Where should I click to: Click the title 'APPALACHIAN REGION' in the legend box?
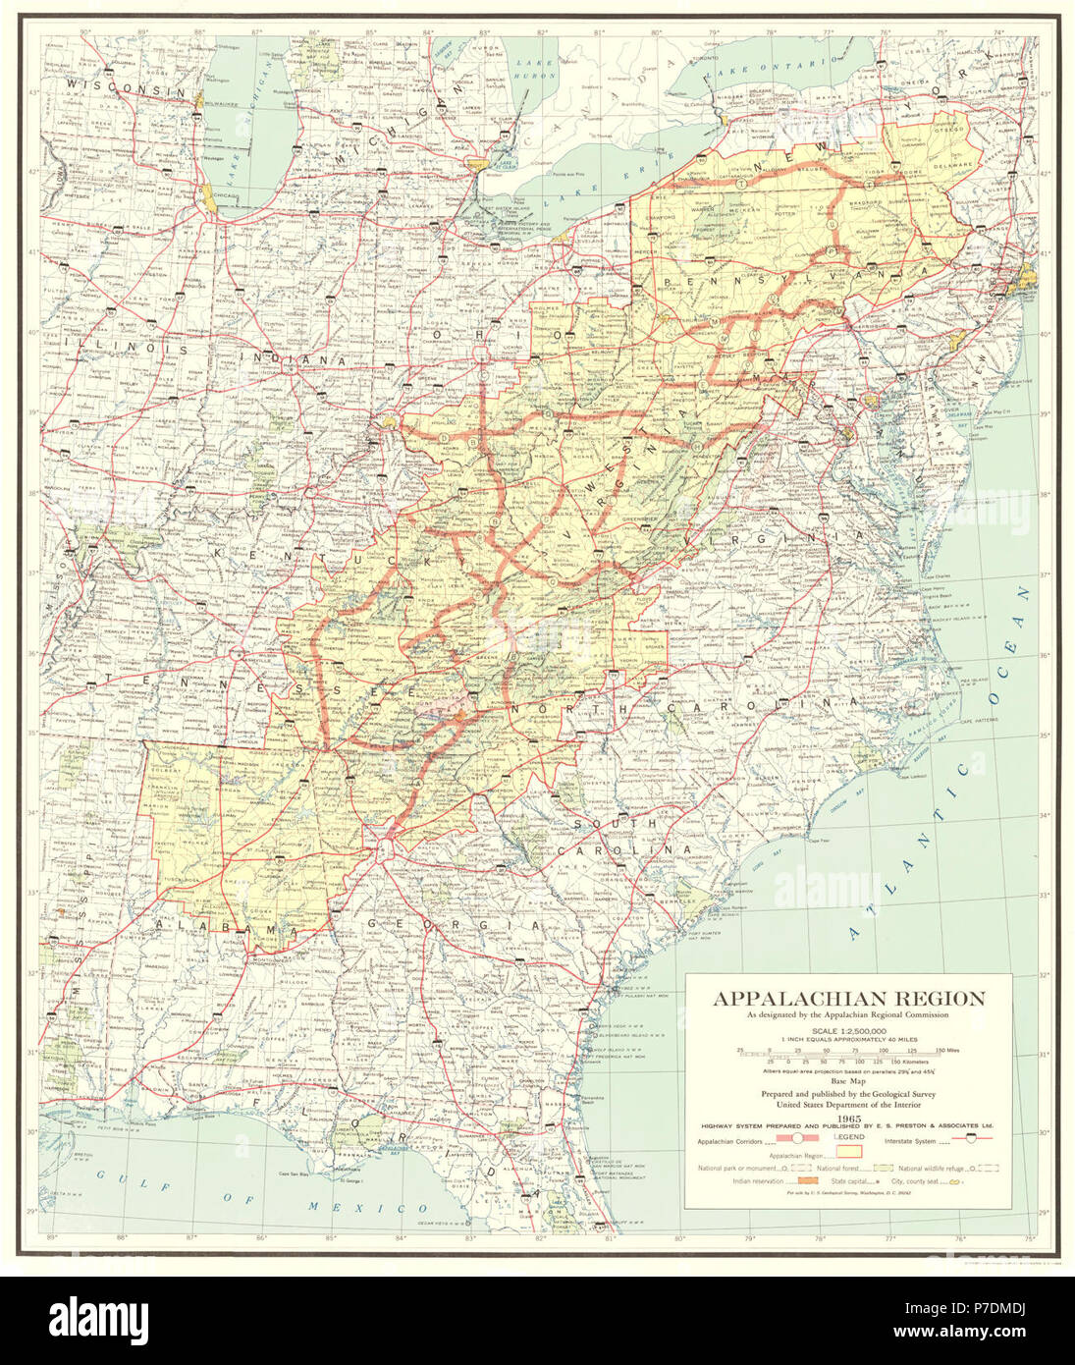848,999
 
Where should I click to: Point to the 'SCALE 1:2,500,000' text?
848,1029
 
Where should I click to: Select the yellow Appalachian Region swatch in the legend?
848,1151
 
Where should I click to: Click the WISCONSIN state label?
125,89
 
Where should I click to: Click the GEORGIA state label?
454,925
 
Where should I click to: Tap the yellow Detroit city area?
478,166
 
